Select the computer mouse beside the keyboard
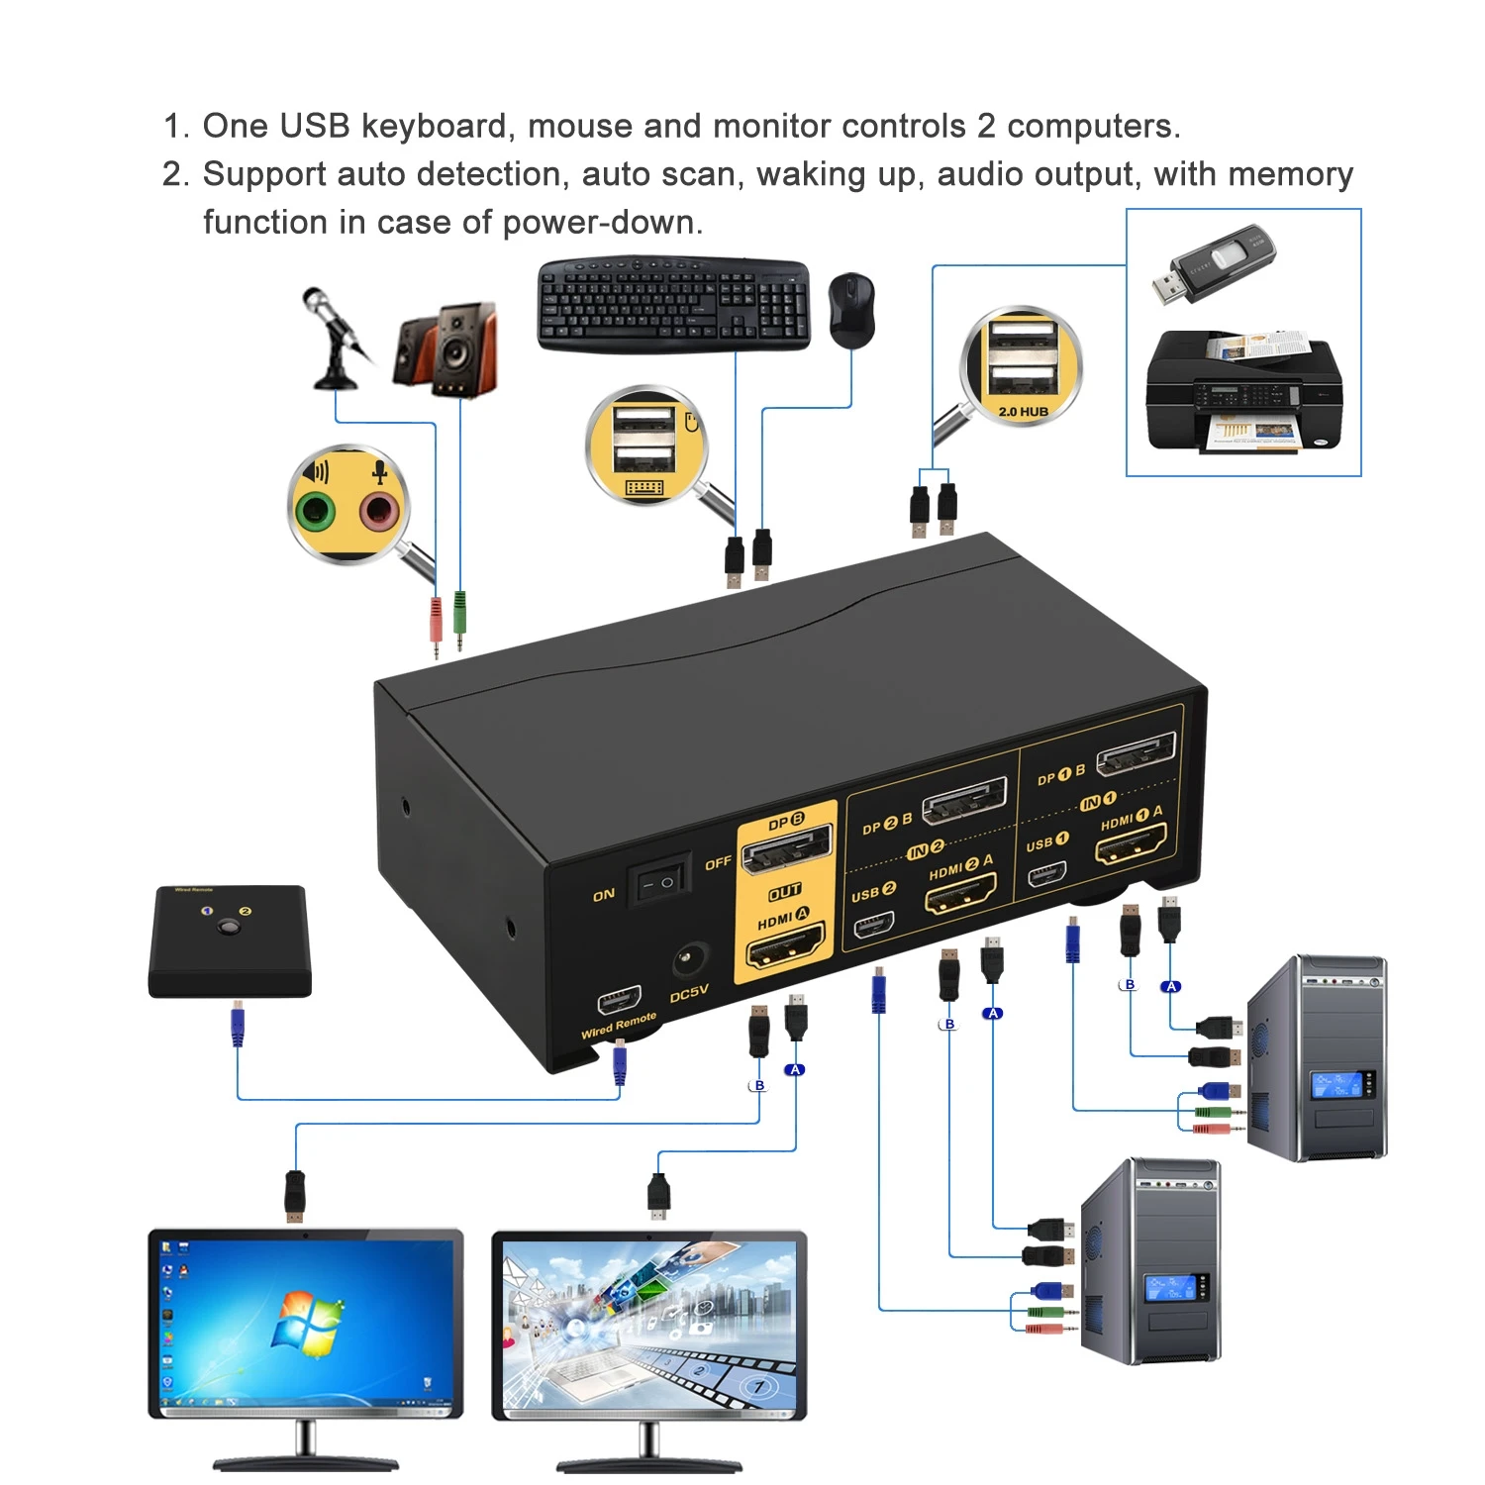click(850, 309)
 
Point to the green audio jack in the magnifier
click(317, 512)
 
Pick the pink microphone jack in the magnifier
click(378, 512)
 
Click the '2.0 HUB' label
click(1023, 411)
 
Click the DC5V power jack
click(689, 959)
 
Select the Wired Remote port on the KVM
click(619, 999)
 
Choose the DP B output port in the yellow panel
click(786, 850)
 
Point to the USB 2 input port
click(873, 925)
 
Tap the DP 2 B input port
click(964, 801)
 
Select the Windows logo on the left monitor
click(307, 1323)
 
